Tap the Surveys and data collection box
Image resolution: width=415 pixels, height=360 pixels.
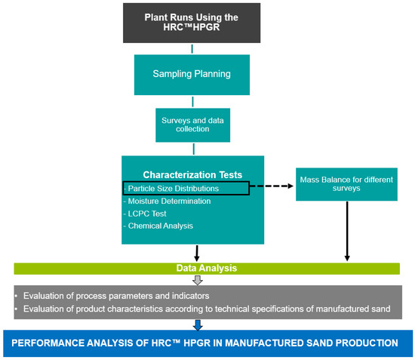(x=193, y=125)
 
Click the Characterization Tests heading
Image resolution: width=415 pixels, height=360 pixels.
(x=193, y=174)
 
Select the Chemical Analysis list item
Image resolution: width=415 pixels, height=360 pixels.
(x=161, y=225)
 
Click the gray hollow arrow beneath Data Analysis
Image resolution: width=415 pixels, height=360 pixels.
(x=197, y=280)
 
